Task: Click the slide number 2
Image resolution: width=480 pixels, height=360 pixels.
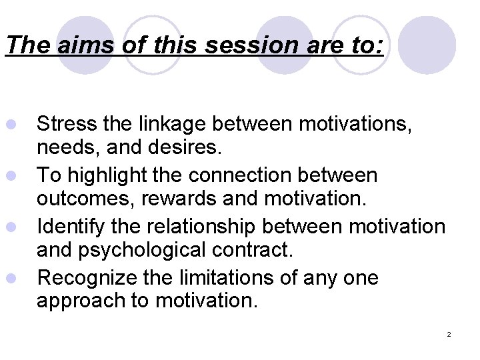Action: coord(449,333)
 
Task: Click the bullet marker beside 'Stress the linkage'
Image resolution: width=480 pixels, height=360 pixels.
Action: coord(9,124)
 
